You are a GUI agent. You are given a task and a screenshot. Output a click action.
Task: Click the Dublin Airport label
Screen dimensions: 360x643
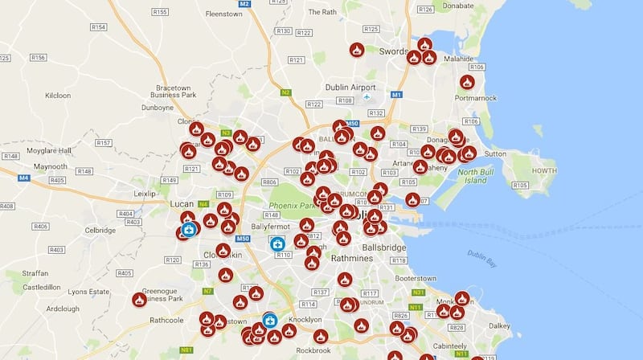[x=350, y=87]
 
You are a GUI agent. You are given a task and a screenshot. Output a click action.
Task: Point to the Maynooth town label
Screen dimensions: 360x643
[x=50, y=166]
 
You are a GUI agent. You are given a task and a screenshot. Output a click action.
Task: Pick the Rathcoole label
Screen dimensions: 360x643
[x=166, y=319]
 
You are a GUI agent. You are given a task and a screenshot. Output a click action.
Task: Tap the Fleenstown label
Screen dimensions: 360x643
[x=224, y=14]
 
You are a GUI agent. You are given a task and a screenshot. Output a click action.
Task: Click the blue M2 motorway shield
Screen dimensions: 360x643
[x=245, y=4]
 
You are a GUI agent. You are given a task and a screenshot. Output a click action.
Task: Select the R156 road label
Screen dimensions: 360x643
[x=38, y=58]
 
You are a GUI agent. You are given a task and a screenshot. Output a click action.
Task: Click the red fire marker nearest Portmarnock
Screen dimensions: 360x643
[x=467, y=82]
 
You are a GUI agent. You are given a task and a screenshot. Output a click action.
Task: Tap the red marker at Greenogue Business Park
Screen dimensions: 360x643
[x=139, y=300]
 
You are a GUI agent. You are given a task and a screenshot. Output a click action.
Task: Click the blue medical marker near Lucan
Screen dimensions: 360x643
[x=189, y=229]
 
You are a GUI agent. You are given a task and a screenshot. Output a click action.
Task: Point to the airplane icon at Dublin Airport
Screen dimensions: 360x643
[x=367, y=98]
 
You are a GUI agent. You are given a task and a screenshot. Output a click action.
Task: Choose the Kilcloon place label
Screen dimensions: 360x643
[x=58, y=95]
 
